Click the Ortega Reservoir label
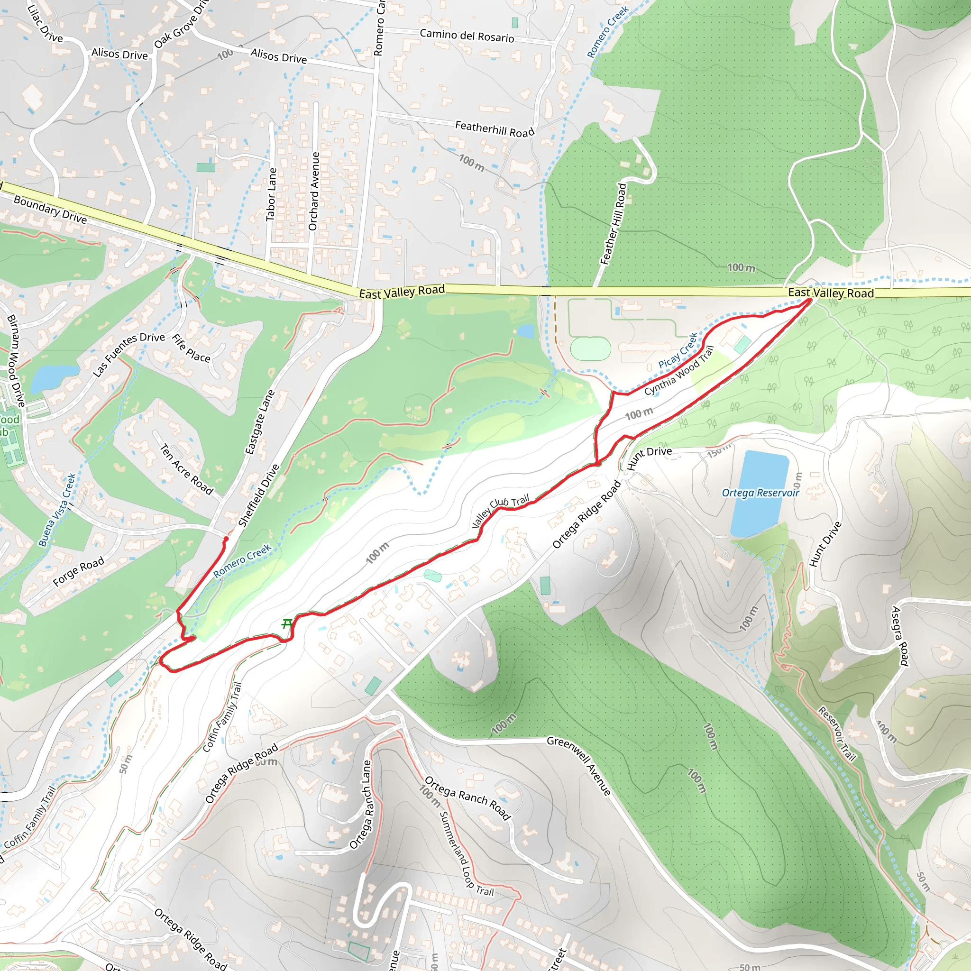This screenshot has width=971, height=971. pyautogui.click(x=760, y=493)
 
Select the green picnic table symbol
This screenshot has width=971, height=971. pyautogui.click(x=286, y=624)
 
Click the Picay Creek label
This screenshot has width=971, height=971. pyautogui.click(x=678, y=351)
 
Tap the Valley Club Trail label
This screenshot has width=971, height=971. pyautogui.click(x=501, y=511)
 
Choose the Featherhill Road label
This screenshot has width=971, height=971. pyautogui.click(x=494, y=128)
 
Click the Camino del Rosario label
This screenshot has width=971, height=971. pyautogui.click(x=467, y=36)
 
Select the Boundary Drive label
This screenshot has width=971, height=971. pyautogui.click(x=50, y=209)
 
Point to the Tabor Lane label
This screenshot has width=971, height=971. pyautogui.click(x=271, y=194)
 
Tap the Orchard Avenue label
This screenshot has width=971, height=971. pyautogui.click(x=313, y=191)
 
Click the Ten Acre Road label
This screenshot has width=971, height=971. pyautogui.click(x=186, y=469)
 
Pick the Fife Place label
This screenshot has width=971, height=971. pyautogui.click(x=192, y=348)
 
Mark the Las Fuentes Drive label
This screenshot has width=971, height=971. pyautogui.click(x=128, y=354)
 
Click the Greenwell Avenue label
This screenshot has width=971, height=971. pyautogui.click(x=579, y=766)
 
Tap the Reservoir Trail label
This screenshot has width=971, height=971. pyautogui.click(x=837, y=734)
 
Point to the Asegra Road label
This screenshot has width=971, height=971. pyautogui.click(x=899, y=636)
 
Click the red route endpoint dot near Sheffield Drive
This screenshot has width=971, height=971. pyautogui.click(x=226, y=539)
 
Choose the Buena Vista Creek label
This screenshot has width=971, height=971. pyautogui.click(x=57, y=510)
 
